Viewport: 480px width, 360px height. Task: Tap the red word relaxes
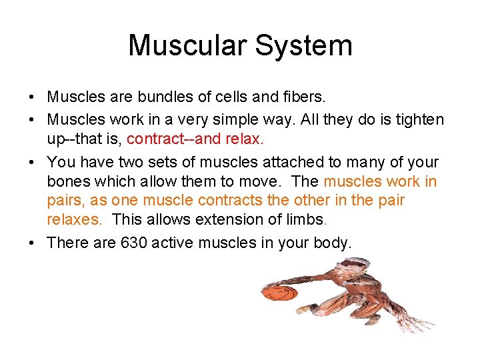pyautogui.click(x=74, y=219)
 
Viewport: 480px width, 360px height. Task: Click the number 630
pyautogui.click(x=133, y=243)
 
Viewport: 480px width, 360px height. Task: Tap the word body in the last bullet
pyautogui.click(x=330, y=243)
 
